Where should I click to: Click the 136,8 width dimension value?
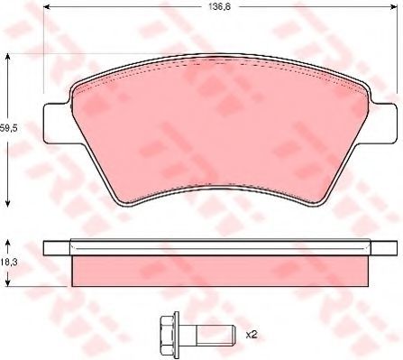tap(219, 7)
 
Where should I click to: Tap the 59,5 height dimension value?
tap(9, 128)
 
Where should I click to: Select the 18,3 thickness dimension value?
tap(9, 263)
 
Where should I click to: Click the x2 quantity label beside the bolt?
tap(252, 335)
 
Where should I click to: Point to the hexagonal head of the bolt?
tap(169, 335)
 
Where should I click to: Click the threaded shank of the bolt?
tap(215, 335)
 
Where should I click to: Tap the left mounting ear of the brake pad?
tap(57, 123)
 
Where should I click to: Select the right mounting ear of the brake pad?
tap(384, 123)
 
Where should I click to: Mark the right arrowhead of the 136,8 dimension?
tap(393, 7)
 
